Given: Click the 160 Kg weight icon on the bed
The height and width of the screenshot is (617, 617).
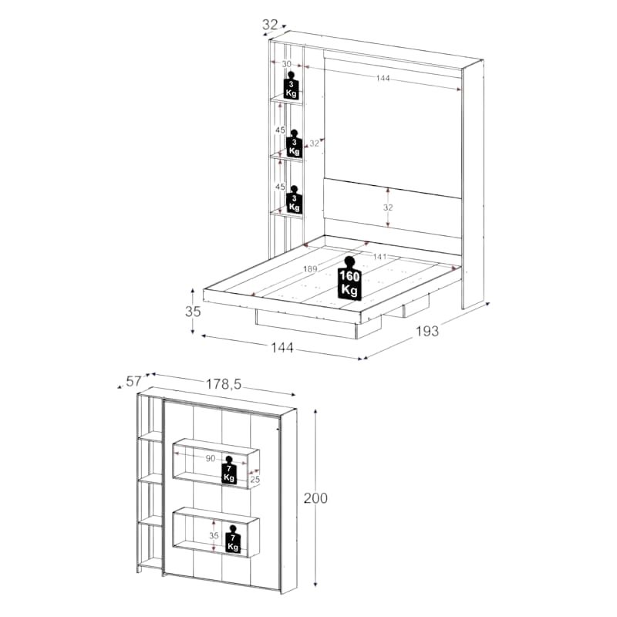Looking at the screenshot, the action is click(349, 278).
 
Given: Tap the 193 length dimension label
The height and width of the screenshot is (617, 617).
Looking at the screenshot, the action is click(427, 332).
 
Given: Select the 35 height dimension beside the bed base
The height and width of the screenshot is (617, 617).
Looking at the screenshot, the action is click(193, 312).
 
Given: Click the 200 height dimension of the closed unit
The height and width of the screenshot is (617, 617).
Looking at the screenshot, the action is click(315, 498).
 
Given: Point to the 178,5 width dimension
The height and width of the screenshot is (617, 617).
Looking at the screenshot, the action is click(224, 384).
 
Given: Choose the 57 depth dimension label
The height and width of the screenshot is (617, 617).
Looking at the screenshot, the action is click(133, 381).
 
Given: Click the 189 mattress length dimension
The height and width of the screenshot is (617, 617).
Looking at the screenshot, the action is click(310, 269).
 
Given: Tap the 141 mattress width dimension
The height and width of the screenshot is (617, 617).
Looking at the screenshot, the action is click(379, 257).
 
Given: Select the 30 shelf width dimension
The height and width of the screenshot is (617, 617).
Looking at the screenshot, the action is click(286, 64).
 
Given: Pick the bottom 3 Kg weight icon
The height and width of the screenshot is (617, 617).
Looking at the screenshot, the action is click(294, 200).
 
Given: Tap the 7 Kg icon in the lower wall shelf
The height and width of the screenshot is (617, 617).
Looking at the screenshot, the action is click(233, 539).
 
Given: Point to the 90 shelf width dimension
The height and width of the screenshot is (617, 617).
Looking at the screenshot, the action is click(211, 458).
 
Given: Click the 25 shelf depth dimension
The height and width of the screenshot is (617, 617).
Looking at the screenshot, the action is click(255, 479).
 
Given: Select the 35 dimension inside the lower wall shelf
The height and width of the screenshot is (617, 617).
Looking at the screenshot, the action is click(214, 535).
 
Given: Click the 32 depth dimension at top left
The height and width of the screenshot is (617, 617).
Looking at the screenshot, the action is click(270, 25).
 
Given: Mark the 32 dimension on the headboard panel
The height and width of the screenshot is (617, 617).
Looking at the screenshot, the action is click(388, 207).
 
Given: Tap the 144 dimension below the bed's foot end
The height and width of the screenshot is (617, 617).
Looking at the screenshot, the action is click(282, 348).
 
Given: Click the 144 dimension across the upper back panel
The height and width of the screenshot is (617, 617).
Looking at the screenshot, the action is click(383, 78).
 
